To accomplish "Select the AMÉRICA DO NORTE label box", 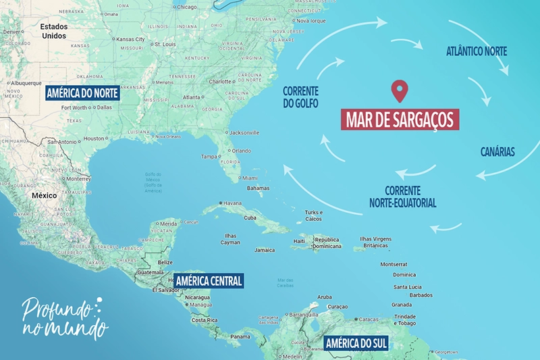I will [82, 93].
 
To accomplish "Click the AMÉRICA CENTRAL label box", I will [208, 280].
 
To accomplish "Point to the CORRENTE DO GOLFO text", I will [300, 97].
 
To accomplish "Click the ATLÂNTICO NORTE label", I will [477, 51].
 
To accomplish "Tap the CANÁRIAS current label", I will [497, 152].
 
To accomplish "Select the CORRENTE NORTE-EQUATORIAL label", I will [402, 197].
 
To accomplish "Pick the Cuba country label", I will [250, 217].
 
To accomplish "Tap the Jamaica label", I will [265, 250].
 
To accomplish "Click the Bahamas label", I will [258, 188].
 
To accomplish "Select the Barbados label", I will [421, 294].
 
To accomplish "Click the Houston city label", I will [94, 138].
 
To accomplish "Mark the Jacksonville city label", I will [244, 132].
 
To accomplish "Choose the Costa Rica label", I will [203, 319].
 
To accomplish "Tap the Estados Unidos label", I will [54, 31].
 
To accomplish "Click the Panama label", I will [240, 336].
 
